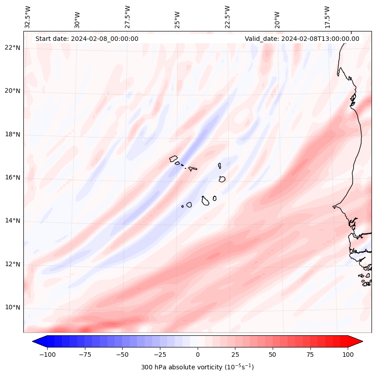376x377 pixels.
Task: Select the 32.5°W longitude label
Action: (28, 17)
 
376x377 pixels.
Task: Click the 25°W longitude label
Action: (177, 18)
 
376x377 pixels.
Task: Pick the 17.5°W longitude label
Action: (327, 17)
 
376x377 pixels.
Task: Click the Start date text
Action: (87, 39)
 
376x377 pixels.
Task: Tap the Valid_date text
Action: (302, 39)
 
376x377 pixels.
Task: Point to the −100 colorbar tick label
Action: (47, 355)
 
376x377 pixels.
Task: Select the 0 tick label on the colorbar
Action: (197, 355)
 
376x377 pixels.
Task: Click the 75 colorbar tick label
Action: (310, 355)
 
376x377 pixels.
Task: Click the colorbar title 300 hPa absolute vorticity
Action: (197, 367)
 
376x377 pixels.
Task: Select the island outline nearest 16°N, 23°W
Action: (222, 179)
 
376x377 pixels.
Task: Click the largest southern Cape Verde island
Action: (205, 200)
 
